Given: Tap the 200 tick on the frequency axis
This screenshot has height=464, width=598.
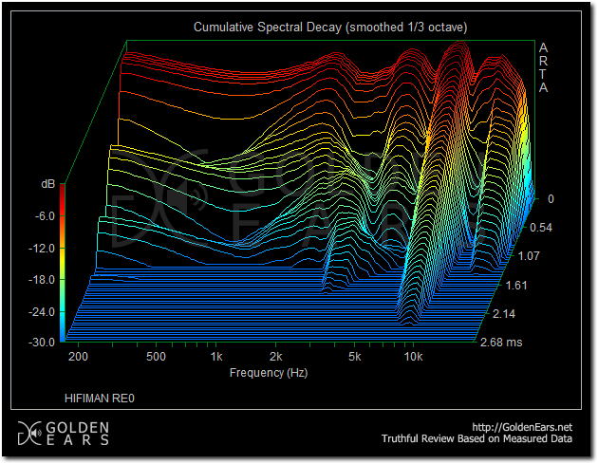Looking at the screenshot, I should click(x=78, y=357).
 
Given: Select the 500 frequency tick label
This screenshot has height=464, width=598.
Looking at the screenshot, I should click(x=157, y=357).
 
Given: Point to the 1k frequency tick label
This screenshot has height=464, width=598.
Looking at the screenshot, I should click(x=216, y=357).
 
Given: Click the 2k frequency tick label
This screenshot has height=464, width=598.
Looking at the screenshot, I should click(x=276, y=357).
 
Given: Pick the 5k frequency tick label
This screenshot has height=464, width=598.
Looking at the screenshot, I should click(x=355, y=357).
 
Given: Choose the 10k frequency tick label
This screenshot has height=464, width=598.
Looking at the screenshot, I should click(x=414, y=357).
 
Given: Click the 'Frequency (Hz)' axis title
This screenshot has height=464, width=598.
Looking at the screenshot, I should click(x=270, y=373).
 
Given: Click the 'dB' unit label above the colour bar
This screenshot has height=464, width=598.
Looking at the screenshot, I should click(x=47, y=182).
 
